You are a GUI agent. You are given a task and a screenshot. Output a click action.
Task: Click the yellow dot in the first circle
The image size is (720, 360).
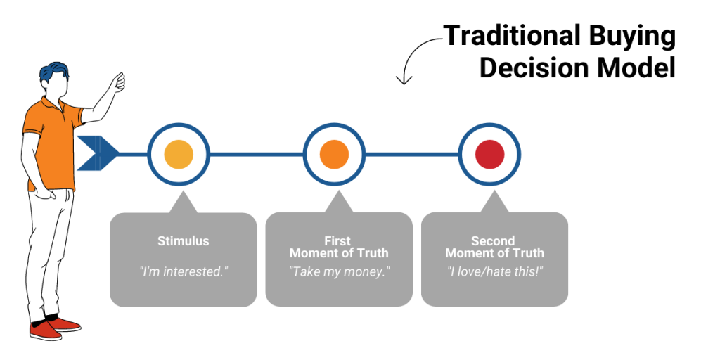179,154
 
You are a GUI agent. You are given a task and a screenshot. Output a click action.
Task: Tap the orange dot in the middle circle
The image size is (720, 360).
334,154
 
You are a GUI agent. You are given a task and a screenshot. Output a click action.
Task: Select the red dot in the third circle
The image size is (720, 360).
490,154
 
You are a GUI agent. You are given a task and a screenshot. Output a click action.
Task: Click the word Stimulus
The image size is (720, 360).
184,241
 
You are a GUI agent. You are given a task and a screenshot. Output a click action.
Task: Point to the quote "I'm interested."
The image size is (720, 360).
184,271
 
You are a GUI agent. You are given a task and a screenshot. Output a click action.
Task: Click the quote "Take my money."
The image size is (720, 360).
339,271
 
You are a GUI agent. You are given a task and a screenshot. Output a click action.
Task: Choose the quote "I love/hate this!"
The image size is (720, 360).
494,271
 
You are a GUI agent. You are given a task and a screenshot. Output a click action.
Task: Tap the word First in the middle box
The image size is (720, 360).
337,241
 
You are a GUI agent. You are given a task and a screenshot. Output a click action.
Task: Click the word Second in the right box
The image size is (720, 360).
493,241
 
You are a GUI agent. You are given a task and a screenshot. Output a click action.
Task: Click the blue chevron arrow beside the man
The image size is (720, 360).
97,153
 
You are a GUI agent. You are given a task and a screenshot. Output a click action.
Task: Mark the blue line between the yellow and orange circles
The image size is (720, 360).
256,154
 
